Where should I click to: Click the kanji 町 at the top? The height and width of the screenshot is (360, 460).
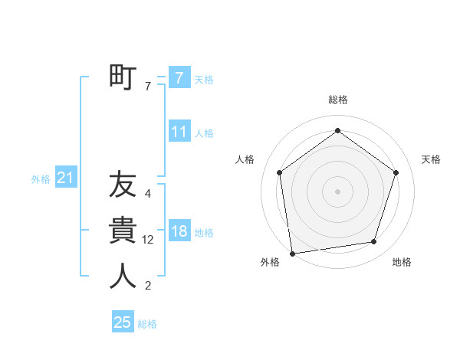tap(123, 77)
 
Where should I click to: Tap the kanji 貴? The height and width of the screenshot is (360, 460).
tap(123, 231)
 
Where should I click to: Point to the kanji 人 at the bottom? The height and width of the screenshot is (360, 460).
tap(123, 276)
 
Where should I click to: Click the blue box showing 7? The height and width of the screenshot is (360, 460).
tap(179, 78)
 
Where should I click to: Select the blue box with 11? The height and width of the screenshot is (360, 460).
tap(179, 132)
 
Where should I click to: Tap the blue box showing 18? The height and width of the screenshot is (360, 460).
tap(179, 231)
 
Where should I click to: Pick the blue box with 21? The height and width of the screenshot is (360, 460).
tap(65, 178)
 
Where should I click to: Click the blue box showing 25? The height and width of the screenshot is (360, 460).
tap(123, 322)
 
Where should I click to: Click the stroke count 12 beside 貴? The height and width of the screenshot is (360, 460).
tap(148, 240)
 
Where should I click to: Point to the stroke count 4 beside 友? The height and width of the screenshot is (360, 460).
tap(147, 194)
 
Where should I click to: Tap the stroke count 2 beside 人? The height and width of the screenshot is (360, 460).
tap(147, 286)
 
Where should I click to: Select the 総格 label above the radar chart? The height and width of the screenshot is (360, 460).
tap(337, 100)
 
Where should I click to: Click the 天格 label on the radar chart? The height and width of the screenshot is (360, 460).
tap(431, 159)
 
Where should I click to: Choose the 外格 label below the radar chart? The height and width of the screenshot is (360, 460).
tap(269, 263)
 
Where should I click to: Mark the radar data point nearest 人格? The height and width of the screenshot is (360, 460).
tap(279, 172)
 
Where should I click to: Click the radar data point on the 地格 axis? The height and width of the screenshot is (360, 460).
tap(374, 242)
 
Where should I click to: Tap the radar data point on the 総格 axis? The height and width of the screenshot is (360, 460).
tap(337, 130)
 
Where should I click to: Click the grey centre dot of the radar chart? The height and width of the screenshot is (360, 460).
tap(337, 191)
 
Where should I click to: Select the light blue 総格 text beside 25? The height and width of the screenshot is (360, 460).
tap(147, 324)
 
